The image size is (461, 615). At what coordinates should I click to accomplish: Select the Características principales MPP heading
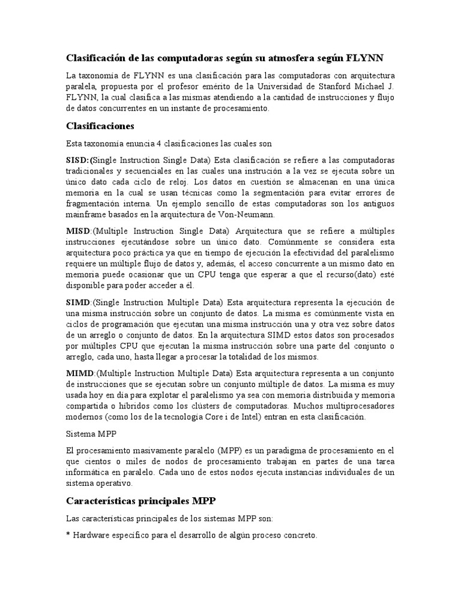coord(140,500)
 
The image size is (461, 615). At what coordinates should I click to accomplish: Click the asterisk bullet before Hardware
coord(68,535)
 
